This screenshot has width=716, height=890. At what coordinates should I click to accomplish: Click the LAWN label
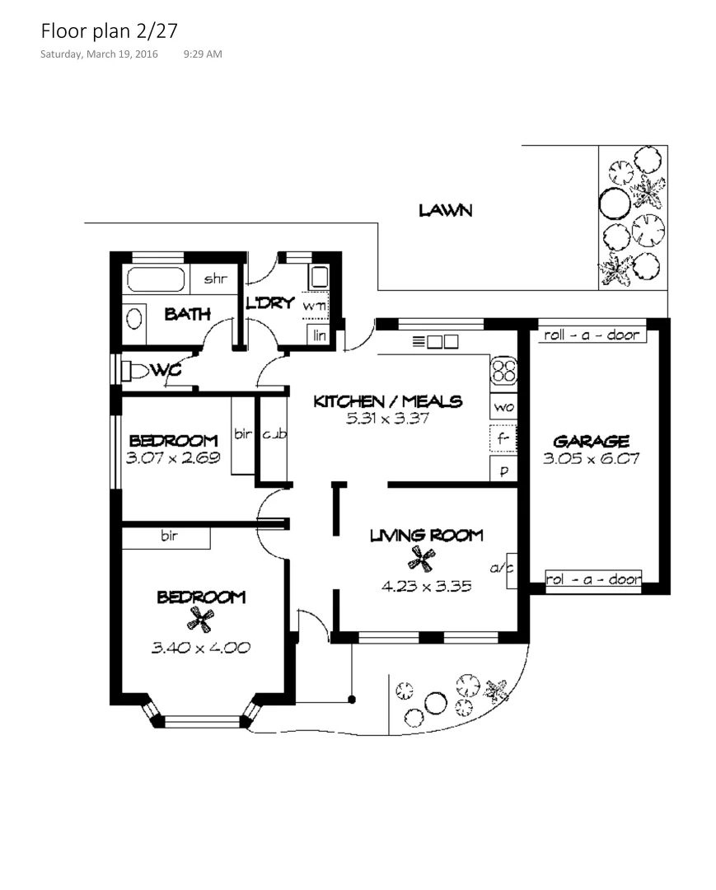click(x=445, y=210)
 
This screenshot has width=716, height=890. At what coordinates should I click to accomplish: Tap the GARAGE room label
click(x=591, y=441)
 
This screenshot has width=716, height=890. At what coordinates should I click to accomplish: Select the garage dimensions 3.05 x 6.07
click(x=591, y=459)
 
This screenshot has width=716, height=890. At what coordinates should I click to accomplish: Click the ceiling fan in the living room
click(x=421, y=560)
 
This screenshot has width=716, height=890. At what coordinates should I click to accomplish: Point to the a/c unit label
click(x=502, y=568)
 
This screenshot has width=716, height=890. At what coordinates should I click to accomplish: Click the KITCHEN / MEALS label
click(x=387, y=401)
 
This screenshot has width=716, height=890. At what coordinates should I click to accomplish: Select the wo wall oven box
click(x=503, y=407)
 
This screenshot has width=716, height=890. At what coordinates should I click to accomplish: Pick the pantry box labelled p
click(x=503, y=471)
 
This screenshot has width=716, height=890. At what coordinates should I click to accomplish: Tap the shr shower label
click(x=215, y=279)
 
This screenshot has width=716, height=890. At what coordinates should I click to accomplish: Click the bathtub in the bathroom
click(x=157, y=280)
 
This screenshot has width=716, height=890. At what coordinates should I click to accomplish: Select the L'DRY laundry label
click(x=270, y=303)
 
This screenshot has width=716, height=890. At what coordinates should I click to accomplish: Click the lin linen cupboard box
click(x=320, y=335)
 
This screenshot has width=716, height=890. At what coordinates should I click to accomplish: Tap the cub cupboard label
click(x=274, y=434)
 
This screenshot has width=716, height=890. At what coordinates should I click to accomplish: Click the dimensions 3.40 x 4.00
click(x=200, y=648)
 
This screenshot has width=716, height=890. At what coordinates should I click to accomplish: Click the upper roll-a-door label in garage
click(x=586, y=335)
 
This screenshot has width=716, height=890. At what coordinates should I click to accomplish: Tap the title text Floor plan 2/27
click(x=109, y=31)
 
